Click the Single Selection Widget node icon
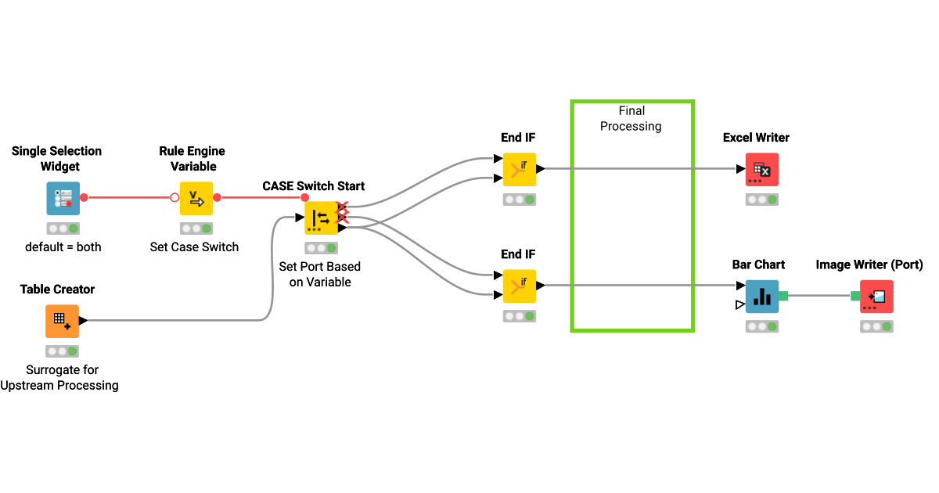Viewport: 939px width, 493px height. tap(63, 198)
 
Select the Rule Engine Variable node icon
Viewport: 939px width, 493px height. tap(196, 198)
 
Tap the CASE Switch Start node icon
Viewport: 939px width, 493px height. tap(321, 218)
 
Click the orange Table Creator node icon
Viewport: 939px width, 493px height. tap(62, 321)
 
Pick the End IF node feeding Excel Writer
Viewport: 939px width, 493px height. tap(520, 169)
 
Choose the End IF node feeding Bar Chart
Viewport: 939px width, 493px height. tap(520, 286)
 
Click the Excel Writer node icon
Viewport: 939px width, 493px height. tap(762, 169)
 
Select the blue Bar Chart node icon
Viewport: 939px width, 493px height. tap(762, 297)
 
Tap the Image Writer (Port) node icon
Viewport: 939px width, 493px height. tap(876, 297)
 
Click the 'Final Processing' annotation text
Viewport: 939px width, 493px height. tap(631, 119)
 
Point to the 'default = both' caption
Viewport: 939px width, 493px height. tap(63, 247)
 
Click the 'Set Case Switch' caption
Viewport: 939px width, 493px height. tap(194, 247)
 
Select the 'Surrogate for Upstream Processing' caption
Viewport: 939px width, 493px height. tap(60, 377)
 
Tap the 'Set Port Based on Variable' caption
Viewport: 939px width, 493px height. tap(320, 274)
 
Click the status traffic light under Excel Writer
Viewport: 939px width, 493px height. tap(762, 200)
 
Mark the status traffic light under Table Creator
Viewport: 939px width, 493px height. tap(62, 351)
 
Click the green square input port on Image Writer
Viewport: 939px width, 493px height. tap(855, 296)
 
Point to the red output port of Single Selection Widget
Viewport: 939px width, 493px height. tap(85, 197)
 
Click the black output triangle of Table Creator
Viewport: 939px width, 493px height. tap(83, 320)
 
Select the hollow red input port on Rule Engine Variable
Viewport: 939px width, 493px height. tap(175, 197)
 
